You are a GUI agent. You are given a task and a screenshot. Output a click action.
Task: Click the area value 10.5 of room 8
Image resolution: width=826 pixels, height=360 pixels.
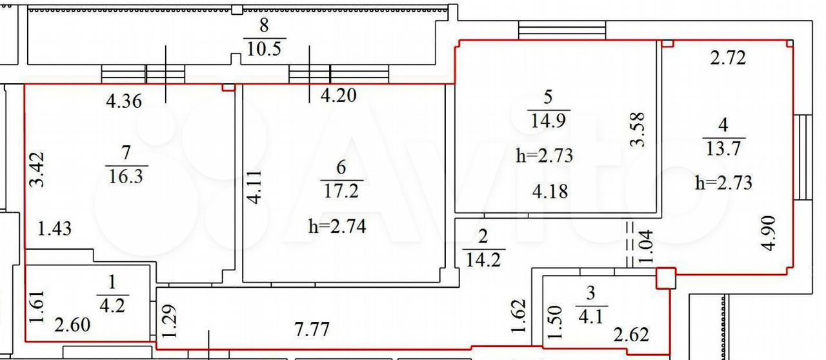[264, 48]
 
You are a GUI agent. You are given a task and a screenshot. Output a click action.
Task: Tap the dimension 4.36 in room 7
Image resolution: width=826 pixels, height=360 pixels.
[124, 101]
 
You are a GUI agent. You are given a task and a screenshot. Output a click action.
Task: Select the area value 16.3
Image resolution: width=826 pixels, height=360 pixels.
[126, 176]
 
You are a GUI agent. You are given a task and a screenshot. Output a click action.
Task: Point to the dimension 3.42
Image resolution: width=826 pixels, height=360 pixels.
[37, 169]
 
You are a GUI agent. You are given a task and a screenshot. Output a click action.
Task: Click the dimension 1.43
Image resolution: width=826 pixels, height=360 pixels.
[55, 228]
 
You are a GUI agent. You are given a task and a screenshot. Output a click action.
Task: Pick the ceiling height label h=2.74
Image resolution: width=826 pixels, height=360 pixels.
[337, 226]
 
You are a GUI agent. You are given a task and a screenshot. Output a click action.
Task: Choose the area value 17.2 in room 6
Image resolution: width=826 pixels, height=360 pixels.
[341, 191]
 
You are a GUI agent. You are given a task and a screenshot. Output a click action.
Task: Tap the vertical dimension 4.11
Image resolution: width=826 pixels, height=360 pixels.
[254, 186]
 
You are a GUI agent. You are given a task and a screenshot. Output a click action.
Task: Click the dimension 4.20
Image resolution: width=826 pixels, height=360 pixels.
[339, 95]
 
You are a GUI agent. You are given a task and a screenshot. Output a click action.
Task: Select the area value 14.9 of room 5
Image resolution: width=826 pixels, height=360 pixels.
[548, 121]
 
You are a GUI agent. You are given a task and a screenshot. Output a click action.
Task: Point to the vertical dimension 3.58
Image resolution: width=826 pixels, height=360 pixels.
[638, 130]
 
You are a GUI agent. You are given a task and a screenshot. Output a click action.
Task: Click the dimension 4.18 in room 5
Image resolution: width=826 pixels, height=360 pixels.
[550, 192]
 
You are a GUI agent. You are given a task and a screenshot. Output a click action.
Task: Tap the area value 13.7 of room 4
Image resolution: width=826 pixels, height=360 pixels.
[723, 148]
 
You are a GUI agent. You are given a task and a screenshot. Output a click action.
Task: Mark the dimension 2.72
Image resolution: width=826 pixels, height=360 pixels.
[728, 58]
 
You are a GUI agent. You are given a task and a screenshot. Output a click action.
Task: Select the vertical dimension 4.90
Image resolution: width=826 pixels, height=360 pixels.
[770, 234]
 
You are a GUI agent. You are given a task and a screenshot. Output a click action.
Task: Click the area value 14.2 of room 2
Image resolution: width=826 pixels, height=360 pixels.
[483, 260]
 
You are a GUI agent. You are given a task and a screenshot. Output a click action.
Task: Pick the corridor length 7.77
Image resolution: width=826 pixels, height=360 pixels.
[312, 330]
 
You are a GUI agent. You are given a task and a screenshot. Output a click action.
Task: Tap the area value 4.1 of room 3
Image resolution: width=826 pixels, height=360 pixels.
[590, 317]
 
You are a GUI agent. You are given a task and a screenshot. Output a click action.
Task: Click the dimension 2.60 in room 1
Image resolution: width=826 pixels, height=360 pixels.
[72, 325]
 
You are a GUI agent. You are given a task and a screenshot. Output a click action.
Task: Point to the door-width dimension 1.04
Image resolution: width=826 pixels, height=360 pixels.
[647, 246]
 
